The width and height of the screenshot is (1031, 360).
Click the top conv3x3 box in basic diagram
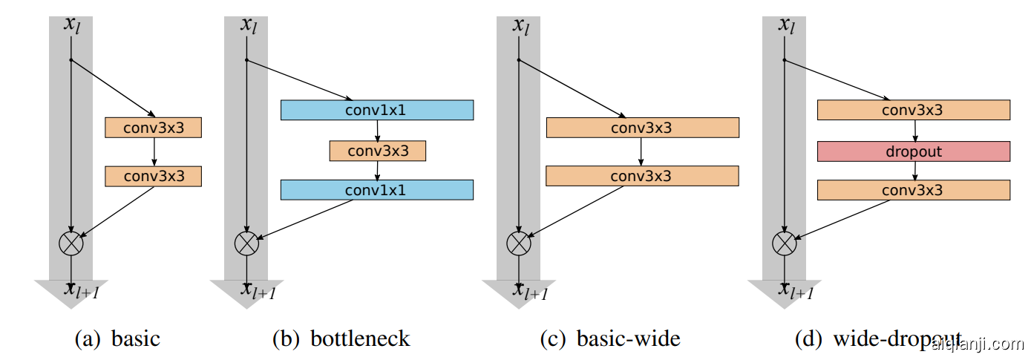154,128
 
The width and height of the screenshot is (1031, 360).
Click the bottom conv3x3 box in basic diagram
154,176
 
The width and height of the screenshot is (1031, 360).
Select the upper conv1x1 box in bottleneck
376,110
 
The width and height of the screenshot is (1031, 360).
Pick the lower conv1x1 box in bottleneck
376,190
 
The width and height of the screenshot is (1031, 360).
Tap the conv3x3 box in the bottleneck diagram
378,151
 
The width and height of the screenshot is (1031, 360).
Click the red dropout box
913,151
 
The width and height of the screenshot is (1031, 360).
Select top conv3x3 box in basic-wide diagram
642,128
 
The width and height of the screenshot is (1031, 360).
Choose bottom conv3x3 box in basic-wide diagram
642,176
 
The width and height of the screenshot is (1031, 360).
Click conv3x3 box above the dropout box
913,110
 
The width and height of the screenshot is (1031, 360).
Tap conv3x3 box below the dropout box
913,190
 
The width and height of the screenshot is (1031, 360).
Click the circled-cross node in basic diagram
71,243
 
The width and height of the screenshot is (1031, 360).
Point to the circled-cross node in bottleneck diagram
246,243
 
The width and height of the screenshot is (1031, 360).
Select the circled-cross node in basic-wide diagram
518,243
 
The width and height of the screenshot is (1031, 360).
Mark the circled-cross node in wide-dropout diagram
784,243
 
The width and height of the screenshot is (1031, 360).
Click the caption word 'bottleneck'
360,339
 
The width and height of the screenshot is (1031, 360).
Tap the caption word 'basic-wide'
628,339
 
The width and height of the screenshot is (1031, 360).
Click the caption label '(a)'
88,339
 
